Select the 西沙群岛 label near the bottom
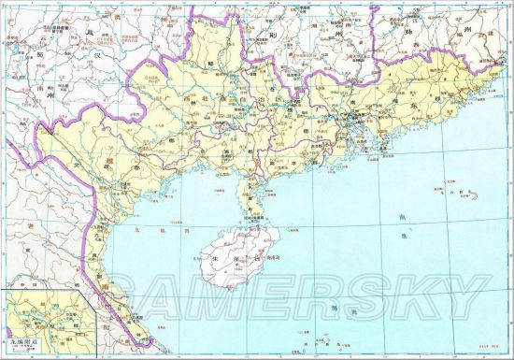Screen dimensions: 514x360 (329, 309)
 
